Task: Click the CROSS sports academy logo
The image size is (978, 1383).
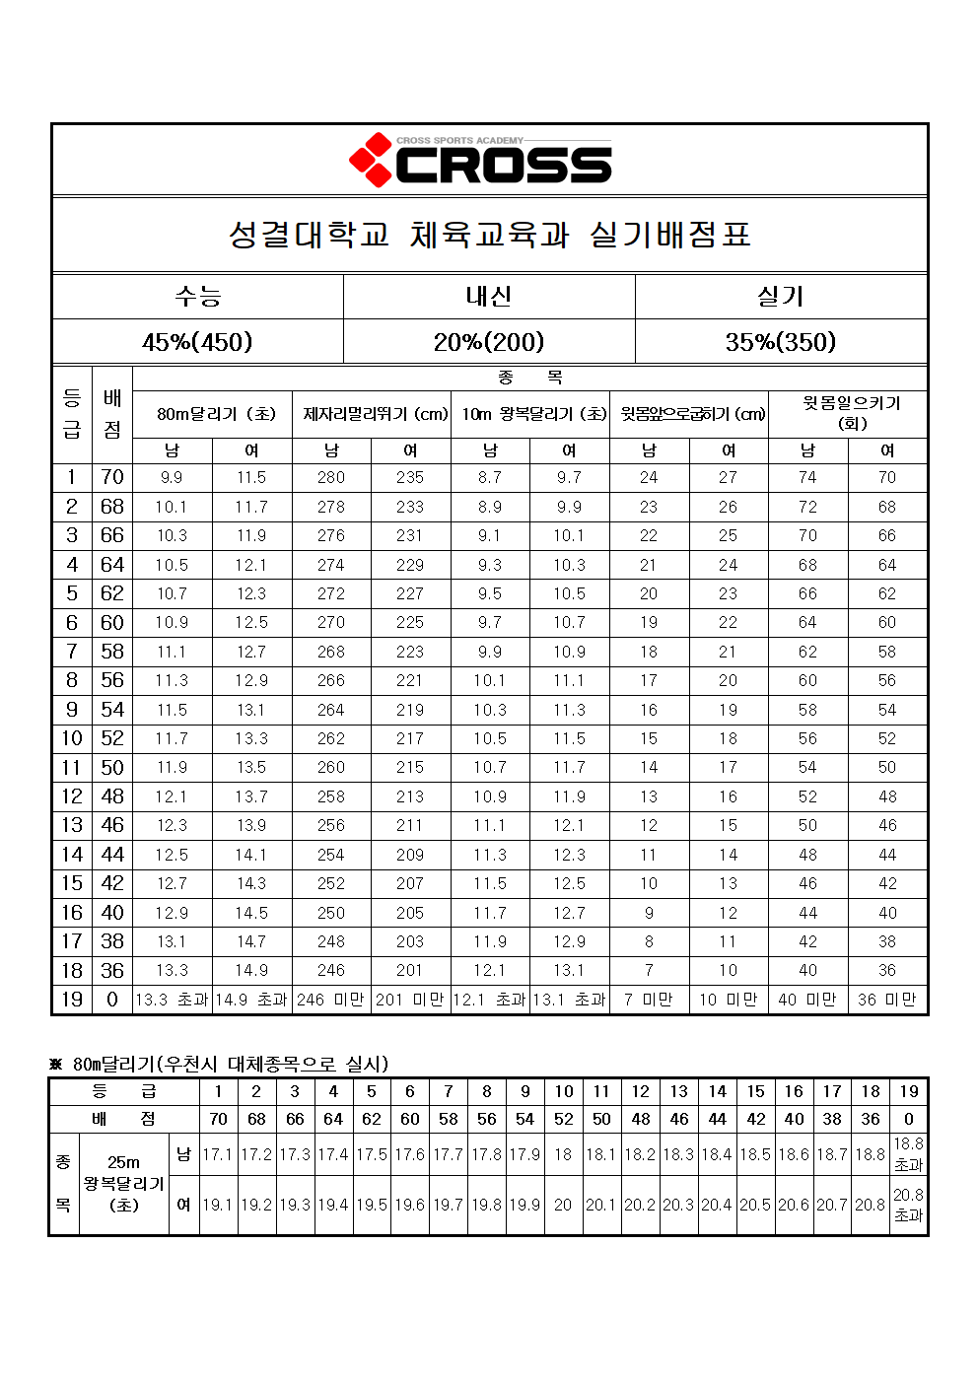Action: (481, 161)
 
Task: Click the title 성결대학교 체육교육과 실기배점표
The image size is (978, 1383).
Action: (490, 235)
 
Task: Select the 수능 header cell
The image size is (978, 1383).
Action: (197, 296)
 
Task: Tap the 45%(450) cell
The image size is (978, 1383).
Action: (197, 342)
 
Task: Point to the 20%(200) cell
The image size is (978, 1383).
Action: (489, 342)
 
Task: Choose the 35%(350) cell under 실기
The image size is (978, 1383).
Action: (781, 342)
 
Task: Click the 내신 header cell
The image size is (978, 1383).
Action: (489, 296)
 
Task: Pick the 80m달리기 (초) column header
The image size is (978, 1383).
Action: (212, 414)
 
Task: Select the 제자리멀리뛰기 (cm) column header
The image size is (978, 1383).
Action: (372, 414)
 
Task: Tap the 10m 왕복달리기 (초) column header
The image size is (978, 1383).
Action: (530, 414)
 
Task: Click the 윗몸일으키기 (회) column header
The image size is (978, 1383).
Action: (848, 413)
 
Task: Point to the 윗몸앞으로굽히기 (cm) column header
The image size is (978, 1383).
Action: (689, 414)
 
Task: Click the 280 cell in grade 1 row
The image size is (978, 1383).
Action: (331, 477)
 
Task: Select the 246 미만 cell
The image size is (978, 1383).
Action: (331, 1000)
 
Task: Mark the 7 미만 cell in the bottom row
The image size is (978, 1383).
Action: (649, 1000)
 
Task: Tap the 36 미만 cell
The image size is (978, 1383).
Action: (887, 1000)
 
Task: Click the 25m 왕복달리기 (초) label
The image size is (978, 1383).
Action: (124, 1184)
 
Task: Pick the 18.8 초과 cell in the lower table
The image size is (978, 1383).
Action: (908, 1154)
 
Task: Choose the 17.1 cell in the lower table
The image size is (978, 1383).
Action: (218, 1154)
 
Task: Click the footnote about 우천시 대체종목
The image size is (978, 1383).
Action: (223, 1064)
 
